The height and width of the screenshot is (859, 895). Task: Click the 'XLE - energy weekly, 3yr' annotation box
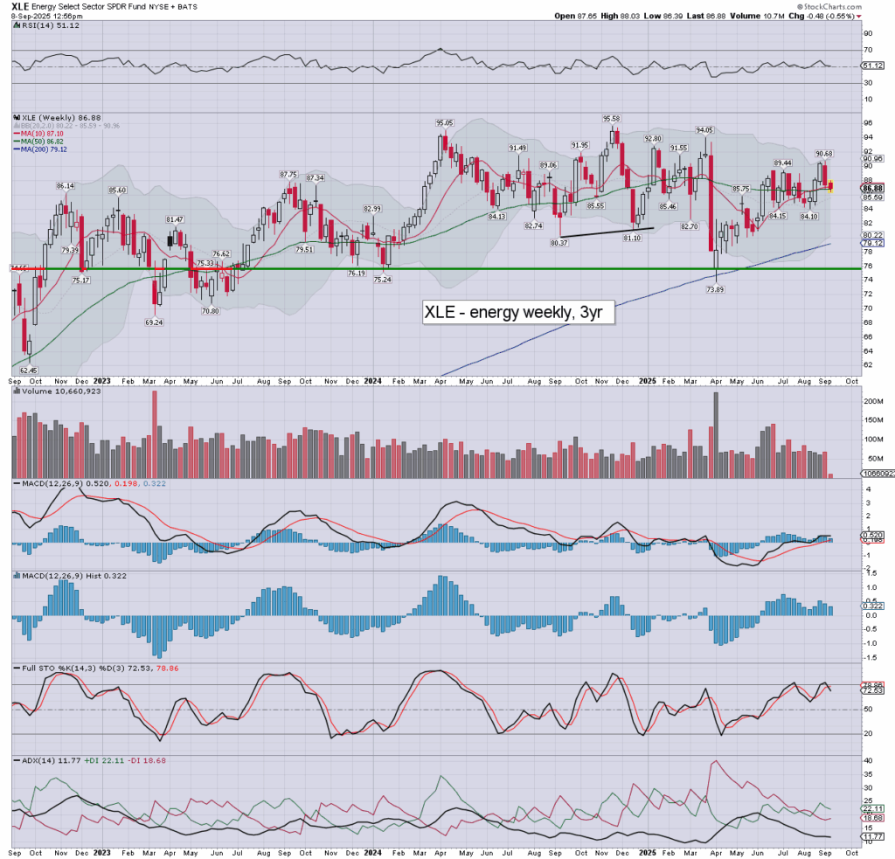tap(518, 312)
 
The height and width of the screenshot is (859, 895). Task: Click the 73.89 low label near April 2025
tap(718, 289)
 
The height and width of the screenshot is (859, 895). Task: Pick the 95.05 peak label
tap(445, 123)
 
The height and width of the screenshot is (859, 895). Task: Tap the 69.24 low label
tap(155, 322)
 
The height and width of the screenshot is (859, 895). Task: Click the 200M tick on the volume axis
tap(871, 400)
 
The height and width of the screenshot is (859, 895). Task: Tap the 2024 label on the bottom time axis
tap(373, 380)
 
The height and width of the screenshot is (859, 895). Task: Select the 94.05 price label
tap(704, 129)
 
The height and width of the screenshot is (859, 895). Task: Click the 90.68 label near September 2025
tap(823, 154)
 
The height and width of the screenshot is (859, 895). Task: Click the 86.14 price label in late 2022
tap(67, 186)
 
